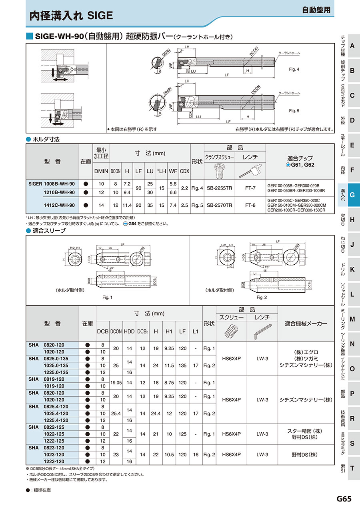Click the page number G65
tap(344, 499)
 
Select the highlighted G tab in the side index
tap(352, 195)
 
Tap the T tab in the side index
tap(352, 468)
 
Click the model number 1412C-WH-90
tap(59, 205)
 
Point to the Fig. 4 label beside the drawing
tap(294, 70)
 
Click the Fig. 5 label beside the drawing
tap(294, 111)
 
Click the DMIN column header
tap(101, 171)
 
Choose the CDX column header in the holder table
tap(184, 171)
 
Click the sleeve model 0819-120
tap(54, 379)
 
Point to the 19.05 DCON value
tap(116, 383)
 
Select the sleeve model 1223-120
tap(54, 461)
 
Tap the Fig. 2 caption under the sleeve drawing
tap(262, 297)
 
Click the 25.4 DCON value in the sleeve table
tap(116, 413)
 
